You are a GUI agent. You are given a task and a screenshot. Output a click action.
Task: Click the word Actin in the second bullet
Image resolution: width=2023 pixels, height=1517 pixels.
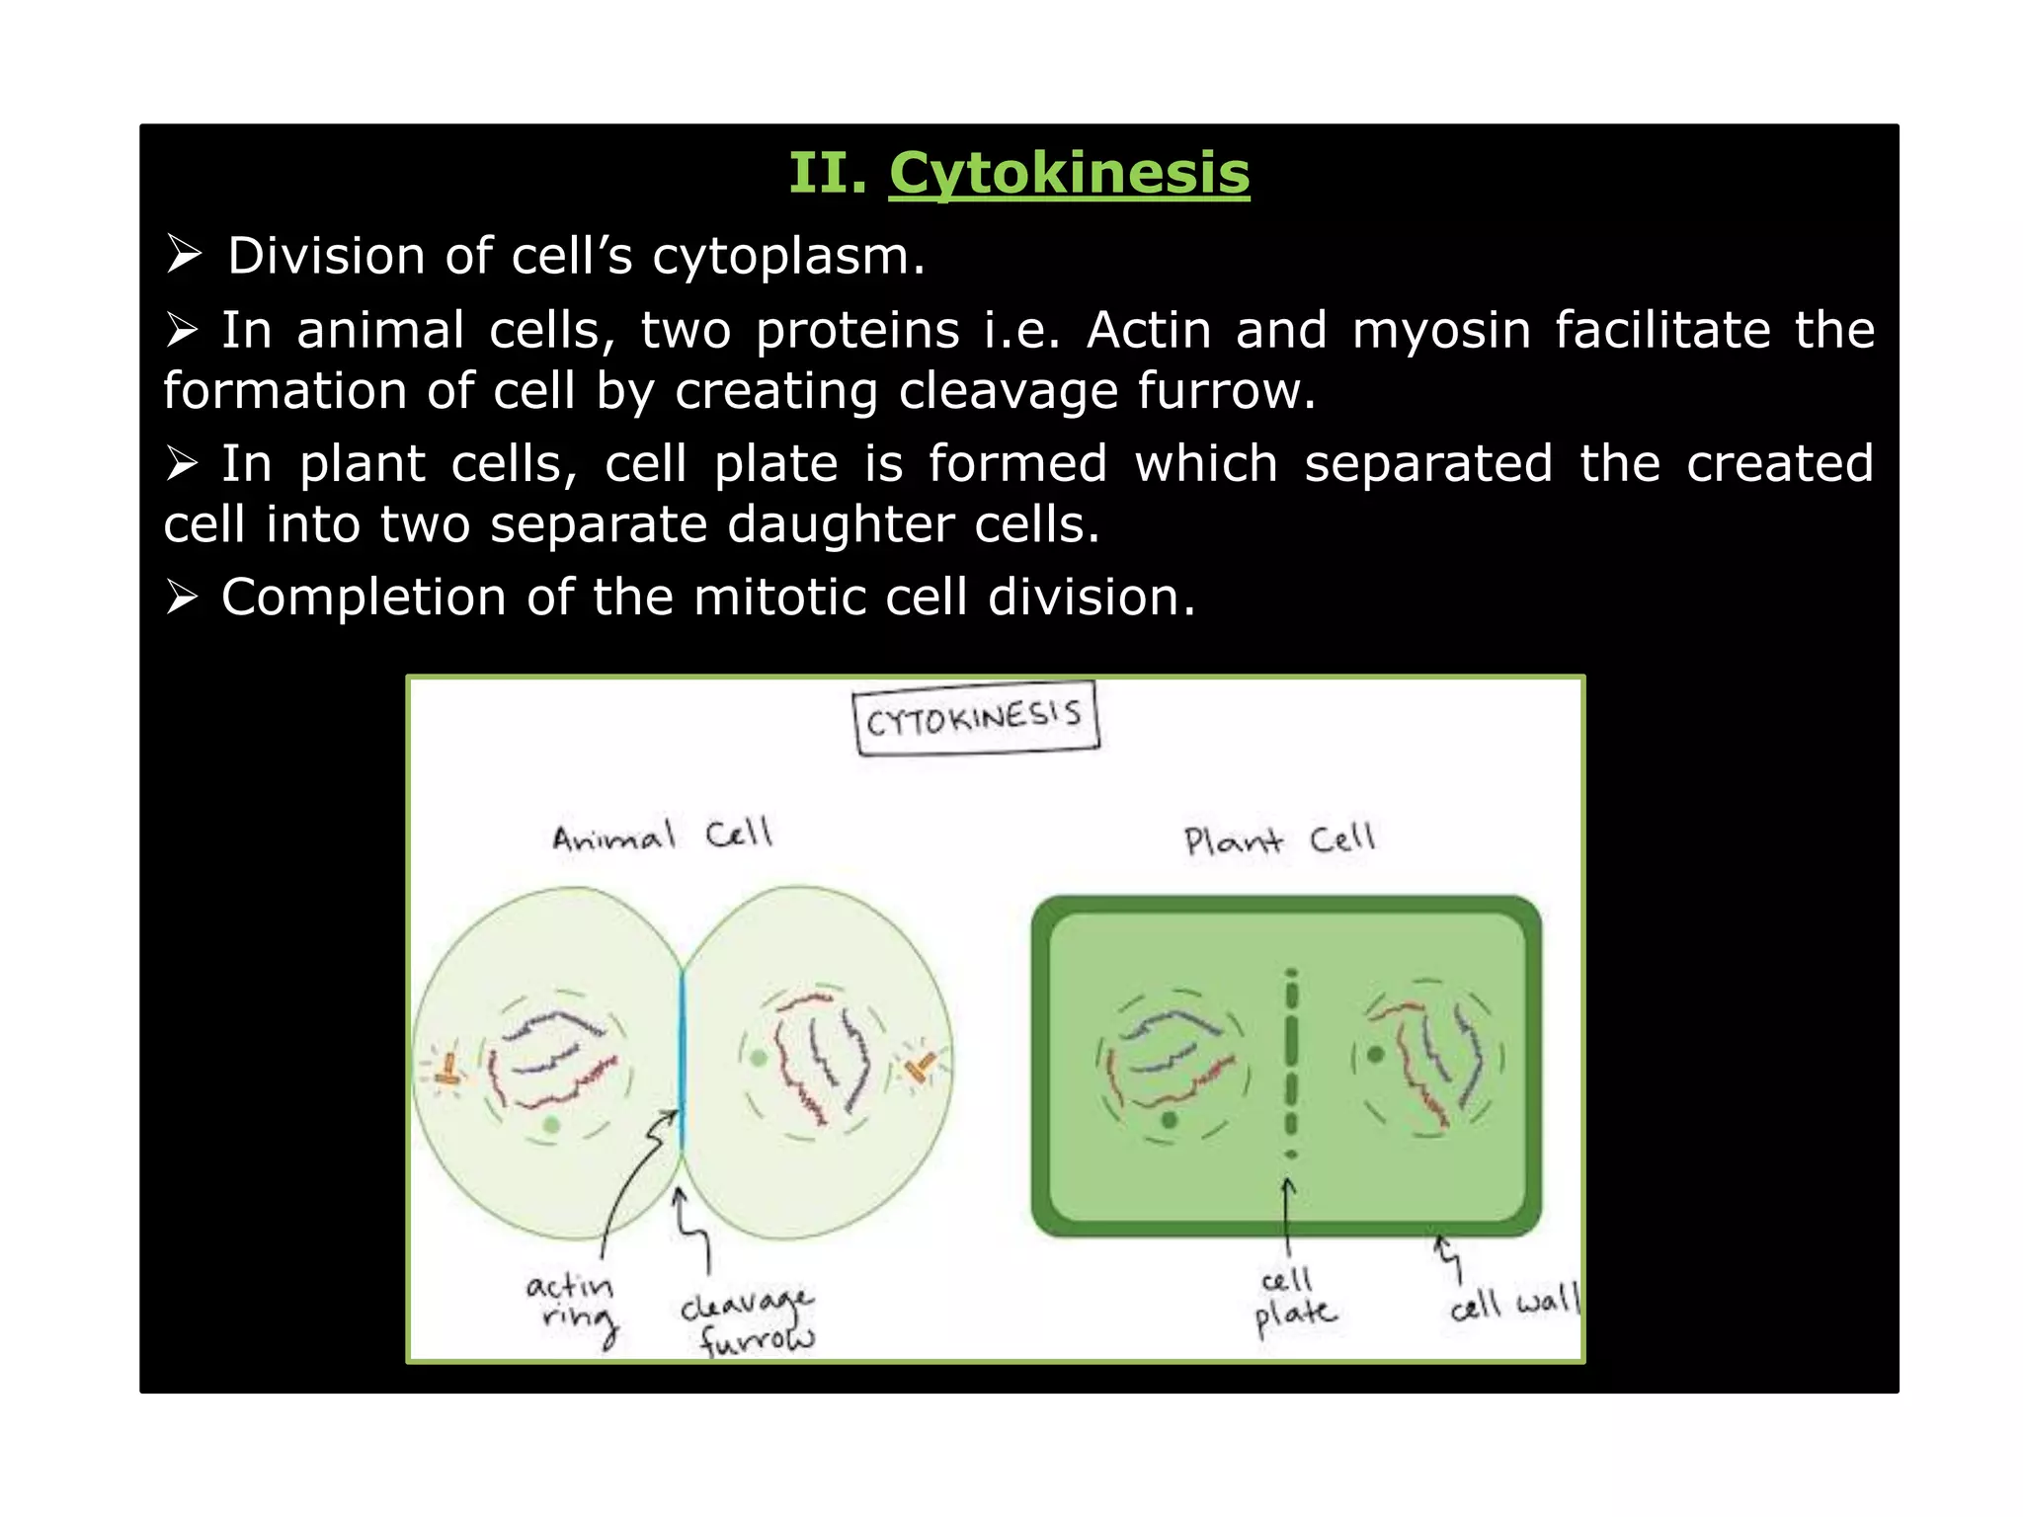tap(1148, 330)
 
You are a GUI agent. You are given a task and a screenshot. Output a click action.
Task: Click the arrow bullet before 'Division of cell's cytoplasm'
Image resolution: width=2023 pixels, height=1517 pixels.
tap(184, 255)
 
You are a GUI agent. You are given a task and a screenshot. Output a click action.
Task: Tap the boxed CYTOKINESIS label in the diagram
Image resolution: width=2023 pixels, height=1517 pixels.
tap(974, 718)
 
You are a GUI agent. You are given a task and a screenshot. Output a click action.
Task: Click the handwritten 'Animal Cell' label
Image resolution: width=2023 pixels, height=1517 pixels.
tap(661, 836)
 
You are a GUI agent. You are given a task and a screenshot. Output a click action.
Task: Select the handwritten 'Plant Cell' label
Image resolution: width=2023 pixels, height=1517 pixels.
tap(1278, 840)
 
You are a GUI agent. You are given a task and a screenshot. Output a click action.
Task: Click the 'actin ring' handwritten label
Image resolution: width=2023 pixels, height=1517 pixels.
tap(573, 1304)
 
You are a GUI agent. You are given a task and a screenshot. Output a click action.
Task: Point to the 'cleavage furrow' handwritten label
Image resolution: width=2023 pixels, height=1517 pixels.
tap(749, 1321)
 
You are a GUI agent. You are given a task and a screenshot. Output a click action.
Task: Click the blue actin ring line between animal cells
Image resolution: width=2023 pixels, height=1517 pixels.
tap(682, 1057)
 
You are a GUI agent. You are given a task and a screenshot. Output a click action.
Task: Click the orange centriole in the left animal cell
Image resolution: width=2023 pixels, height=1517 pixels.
tap(449, 1071)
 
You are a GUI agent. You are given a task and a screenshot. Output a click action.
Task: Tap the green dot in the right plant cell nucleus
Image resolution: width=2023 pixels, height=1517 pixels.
tap(1374, 1055)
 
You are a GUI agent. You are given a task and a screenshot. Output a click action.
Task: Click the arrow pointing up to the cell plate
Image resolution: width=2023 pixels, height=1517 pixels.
tap(1287, 1210)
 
